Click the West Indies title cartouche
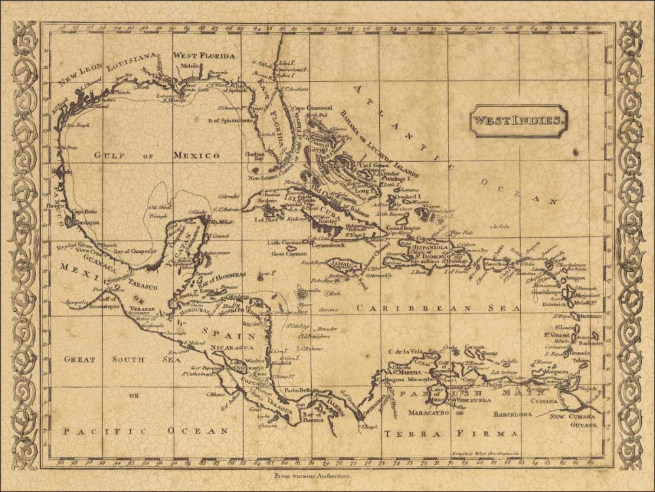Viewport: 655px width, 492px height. (518, 121)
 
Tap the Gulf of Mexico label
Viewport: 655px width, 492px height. (157, 155)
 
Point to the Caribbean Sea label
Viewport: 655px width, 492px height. (439, 307)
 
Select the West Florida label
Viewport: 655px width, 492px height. (204, 56)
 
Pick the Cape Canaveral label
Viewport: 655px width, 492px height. (312, 107)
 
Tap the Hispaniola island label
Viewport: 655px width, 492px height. (448, 248)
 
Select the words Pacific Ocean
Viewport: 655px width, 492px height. (145, 430)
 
